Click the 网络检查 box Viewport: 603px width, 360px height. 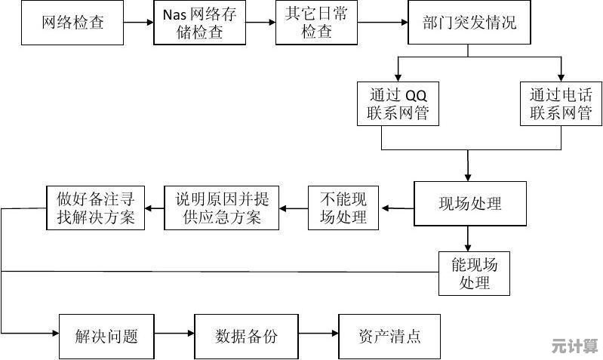pos(72,22)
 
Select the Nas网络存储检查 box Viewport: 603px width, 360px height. pos(200,23)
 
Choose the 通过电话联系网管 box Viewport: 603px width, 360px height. pos(561,104)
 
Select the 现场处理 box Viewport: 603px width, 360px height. pos(469,203)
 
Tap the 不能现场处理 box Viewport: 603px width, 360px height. pos(343,208)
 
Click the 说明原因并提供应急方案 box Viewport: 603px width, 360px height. pos(223,208)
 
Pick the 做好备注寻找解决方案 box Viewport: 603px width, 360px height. pos(96,208)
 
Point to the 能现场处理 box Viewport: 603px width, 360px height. pos(475,273)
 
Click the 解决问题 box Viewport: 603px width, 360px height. pos(106,337)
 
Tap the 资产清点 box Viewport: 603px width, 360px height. pos(389,337)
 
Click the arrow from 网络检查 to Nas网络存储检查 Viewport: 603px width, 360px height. pos(139,23)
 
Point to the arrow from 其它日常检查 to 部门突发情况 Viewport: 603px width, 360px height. pos(381,23)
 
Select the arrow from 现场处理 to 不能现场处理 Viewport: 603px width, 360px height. pos(397,208)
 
